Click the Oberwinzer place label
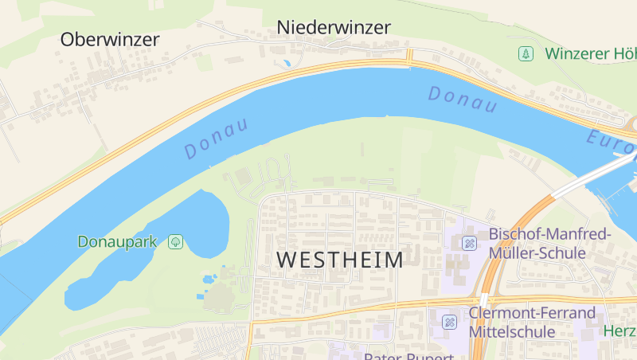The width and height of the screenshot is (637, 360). (x=110, y=38)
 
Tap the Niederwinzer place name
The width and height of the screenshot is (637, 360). (x=334, y=27)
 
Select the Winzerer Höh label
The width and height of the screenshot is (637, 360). (x=590, y=54)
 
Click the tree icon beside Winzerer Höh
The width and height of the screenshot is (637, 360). (x=525, y=54)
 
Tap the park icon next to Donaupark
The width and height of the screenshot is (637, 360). (x=175, y=241)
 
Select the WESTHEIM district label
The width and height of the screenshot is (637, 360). (x=340, y=260)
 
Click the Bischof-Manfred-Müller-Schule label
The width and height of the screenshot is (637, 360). (x=549, y=243)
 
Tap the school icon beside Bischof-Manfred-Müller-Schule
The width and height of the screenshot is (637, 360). (x=470, y=243)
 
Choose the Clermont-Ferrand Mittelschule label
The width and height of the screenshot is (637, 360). (x=532, y=321)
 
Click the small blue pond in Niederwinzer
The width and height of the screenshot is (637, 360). (x=286, y=62)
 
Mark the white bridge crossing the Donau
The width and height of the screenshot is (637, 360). (x=593, y=176)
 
